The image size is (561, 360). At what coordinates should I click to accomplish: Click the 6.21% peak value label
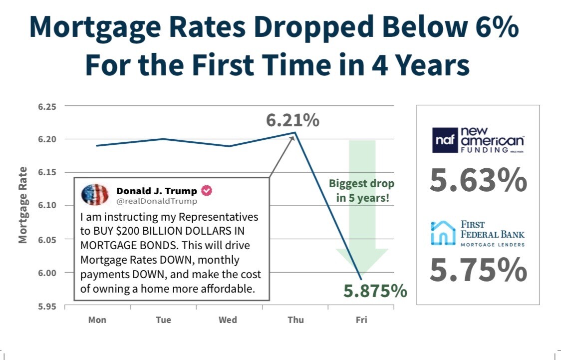click(x=292, y=120)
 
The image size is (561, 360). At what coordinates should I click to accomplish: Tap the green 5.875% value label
click(x=375, y=291)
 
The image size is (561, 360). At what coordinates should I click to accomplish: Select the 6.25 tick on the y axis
click(x=47, y=107)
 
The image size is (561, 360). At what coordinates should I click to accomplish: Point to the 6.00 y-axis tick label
click(x=47, y=273)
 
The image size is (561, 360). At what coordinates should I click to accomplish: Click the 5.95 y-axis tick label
click(x=47, y=306)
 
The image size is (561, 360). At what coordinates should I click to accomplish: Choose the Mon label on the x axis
click(x=97, y=320)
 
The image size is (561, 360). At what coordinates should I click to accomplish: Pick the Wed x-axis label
click(x=228, y=320)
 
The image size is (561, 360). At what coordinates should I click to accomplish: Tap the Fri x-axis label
click(x=361, y=320)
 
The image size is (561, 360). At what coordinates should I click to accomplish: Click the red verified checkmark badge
click(x=207, y=191)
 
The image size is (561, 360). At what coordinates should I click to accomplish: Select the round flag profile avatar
click(x=94, y=195)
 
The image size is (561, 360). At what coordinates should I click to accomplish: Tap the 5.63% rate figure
click(x=478, y=181)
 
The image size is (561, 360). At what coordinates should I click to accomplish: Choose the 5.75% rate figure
click(x=478, y=270)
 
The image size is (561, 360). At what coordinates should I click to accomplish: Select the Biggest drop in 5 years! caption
click(x=361, y=190)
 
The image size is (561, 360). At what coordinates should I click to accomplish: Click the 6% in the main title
click(x=495, y=28)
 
